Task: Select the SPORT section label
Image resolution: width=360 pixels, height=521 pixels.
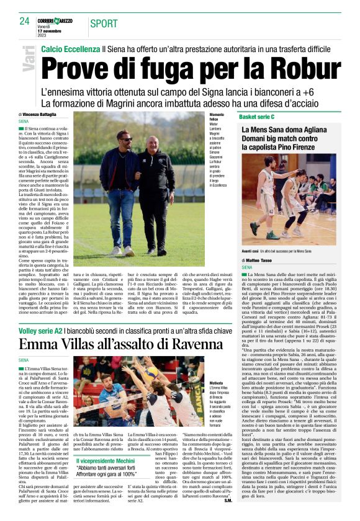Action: pos(104,24)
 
